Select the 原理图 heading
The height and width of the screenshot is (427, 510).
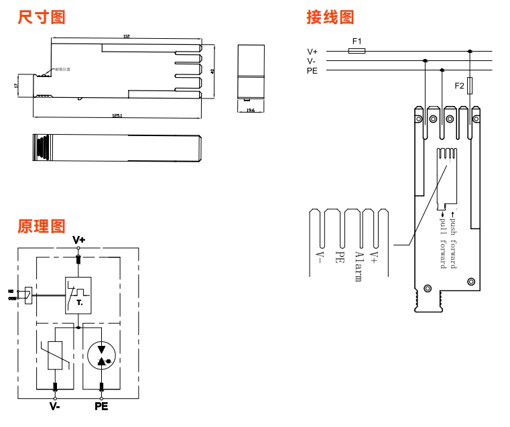pyautogui.click(x=42, y=226)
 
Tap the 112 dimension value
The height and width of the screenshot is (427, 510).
pyautogui.click(x=126, y=36)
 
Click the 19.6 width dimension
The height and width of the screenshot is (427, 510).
pyautogui.click(x=251, y=109)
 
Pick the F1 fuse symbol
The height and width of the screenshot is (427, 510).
pyautogui.click(x=357, y=50)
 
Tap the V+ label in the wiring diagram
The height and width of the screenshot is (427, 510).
pyautogui.click(x=313, y=51)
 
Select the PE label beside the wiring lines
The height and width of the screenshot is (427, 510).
pyautogui.click(x=313, y=70)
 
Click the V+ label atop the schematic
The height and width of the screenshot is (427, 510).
pyautogui.click(x=79, y=239)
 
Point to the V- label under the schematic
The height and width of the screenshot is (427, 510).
pyautogui.click(x=55, y=406)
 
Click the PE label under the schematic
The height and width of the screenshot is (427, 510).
pyautogui.click(x=101, y=406)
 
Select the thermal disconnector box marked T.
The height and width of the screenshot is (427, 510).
pyautogui.click(x=79, y=295)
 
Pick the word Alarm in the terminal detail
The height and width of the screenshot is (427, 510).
pyautogui.click(x=359, y=266)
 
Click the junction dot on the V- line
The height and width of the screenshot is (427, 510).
pyautogui.click(x=425, y=60)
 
